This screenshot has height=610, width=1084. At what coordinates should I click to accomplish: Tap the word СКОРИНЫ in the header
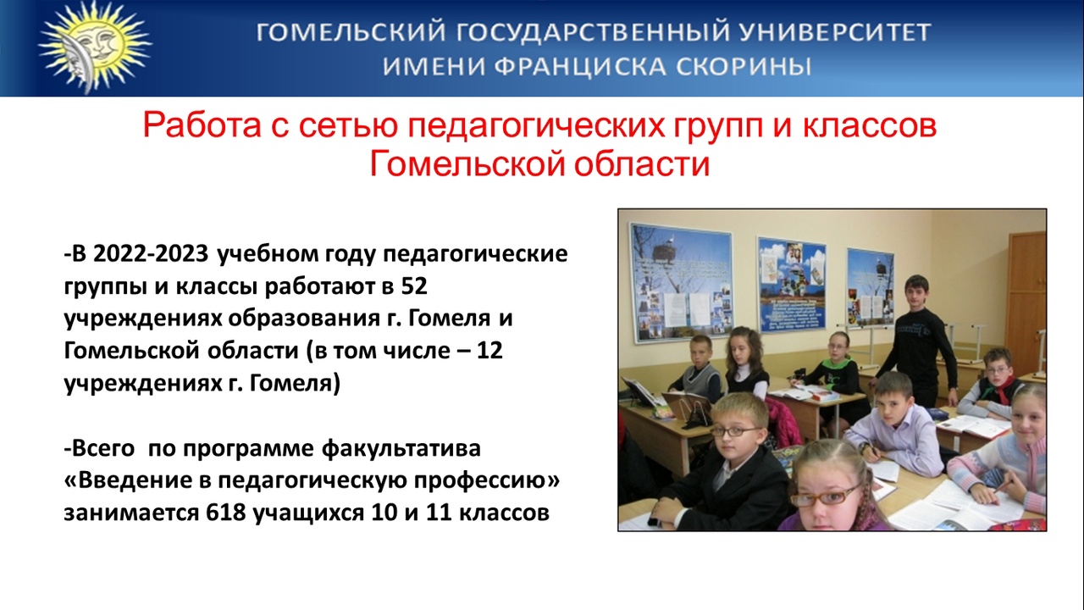[744, 67]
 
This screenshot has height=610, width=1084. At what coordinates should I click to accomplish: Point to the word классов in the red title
[870, 125]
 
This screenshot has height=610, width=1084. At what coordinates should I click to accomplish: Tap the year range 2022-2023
[151, 253]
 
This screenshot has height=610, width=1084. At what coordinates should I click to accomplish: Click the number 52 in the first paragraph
[414, 286]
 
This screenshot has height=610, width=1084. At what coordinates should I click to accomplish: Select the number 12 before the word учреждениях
[489, 350]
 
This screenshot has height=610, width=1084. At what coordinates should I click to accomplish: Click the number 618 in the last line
[226, 513]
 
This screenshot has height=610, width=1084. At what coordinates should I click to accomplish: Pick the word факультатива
[401, 448]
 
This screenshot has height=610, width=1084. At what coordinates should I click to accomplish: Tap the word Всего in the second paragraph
[102, 448]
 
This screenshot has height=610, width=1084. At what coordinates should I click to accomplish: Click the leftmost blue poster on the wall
[680, 282]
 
